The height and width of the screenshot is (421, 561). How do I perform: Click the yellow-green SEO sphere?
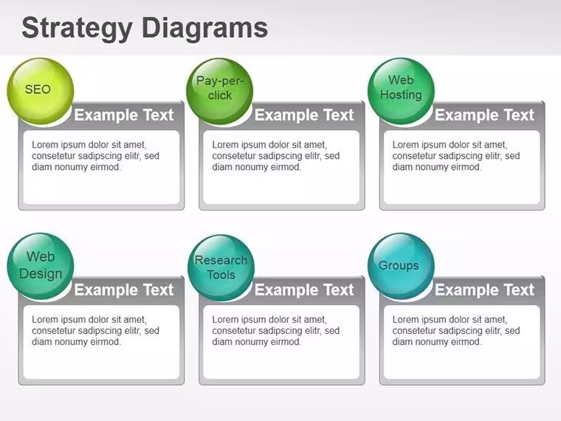[41, 92]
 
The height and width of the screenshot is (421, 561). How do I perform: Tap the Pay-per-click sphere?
[220, 92]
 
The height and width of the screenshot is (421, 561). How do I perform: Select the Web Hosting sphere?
[401, 92]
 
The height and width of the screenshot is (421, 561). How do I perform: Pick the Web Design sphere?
[41, 267]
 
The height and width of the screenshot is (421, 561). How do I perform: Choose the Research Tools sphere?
[221, 267]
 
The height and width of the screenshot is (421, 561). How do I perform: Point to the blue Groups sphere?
[401, 267]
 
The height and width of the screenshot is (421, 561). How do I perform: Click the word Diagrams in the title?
[204, 28]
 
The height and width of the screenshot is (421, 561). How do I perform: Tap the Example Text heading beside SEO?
[124, 115]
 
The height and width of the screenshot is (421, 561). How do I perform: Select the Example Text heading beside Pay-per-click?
[304, 115]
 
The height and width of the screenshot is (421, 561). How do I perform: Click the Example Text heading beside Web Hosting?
[484, 115]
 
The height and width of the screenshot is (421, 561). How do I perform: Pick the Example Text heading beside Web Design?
[124, 290]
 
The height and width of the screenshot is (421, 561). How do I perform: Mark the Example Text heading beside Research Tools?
[304, 290]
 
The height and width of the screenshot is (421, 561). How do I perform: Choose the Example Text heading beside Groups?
[484, 290]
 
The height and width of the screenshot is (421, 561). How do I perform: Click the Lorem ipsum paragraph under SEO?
[95, 156]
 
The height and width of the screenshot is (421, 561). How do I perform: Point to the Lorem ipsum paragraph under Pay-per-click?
[276, 156]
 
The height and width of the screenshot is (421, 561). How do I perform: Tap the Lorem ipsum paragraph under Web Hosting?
[456, 156]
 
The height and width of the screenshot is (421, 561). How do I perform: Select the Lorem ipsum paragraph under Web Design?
[95, 330]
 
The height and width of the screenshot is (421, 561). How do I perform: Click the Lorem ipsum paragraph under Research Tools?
[276, 330]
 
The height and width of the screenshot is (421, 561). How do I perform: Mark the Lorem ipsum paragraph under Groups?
[456, 330]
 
